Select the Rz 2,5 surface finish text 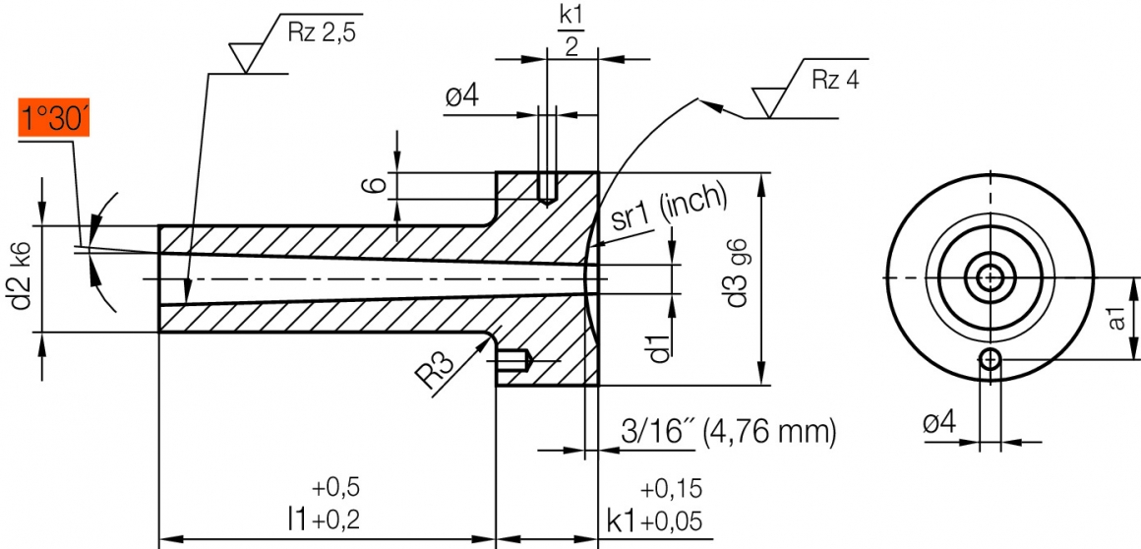(320, 31)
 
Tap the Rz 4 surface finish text (835, 80)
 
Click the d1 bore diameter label (659, 347)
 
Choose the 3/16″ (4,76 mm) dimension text (728, 430)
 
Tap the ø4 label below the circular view (939, 423)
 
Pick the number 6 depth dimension (372, 185)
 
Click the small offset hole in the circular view (990, 361)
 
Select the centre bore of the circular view (990, 278)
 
